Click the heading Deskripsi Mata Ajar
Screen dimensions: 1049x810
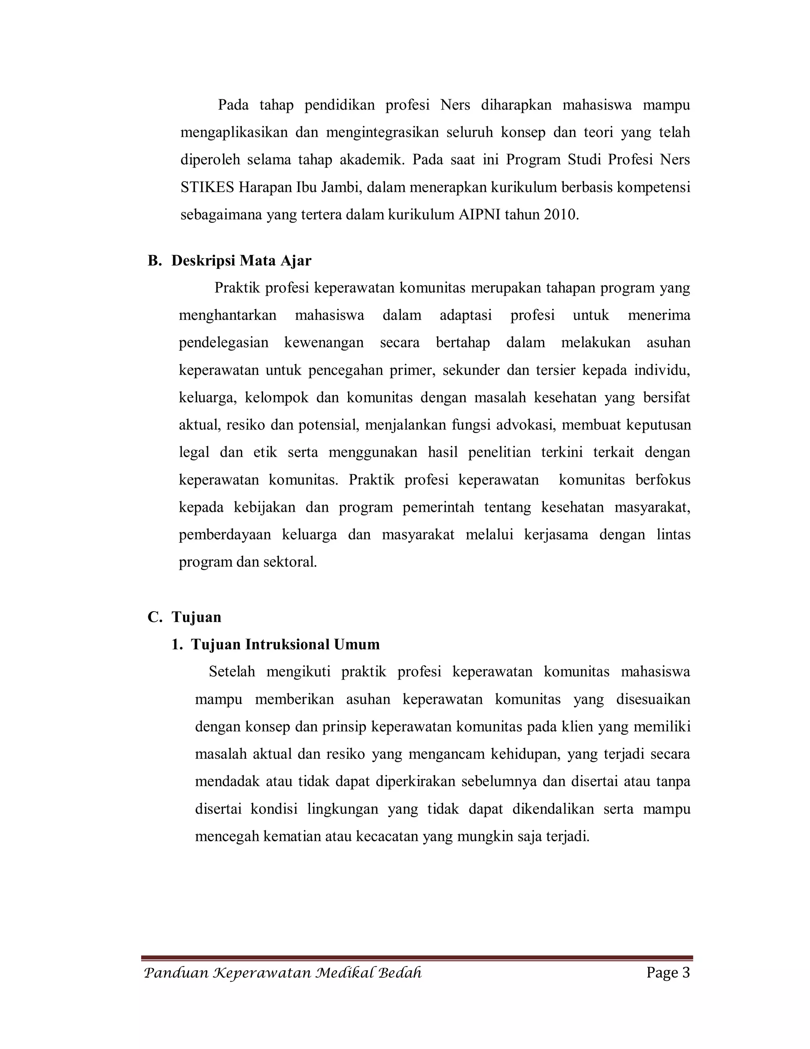[241, 261]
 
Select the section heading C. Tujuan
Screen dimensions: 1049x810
[185, 617]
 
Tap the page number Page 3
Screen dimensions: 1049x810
[668, 973]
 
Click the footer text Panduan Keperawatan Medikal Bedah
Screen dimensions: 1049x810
[283, 973]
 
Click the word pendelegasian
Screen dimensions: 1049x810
[223, 343]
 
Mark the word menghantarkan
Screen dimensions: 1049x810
[227, 315]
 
